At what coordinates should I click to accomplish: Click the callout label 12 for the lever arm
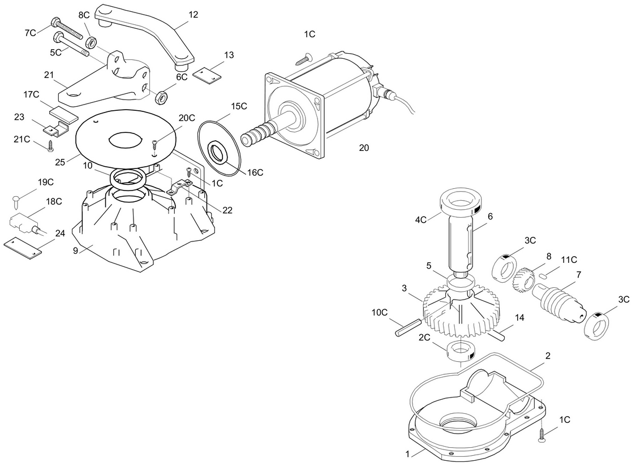pyautogui.click(x=193, y=15)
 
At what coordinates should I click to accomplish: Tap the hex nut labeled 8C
pyautogui.click(x=92, y=41)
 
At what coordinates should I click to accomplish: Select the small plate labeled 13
pyautogui.click(x=207, y=76)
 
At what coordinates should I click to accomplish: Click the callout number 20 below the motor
pyautogui.click(x=364, y=148)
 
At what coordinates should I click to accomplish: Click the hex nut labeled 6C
pyautogui.click(x=161, y=97)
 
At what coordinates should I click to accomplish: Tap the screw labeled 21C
pyautogui.click(x=50, y=146)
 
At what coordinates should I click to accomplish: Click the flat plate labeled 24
pyautogui.click(x=23, y=248)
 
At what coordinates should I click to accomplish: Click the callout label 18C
pyautogui.click(x=54, y=201)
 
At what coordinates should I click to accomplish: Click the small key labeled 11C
pyautogui.click(x=543, y=276)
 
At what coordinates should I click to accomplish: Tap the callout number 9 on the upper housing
pyautogui.click(x=75, y=250)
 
